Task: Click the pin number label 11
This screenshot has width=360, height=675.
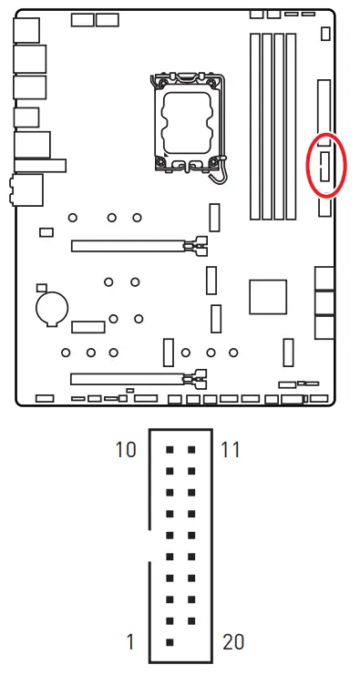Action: tap(231, 450)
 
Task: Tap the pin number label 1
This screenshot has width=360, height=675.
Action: tap(130, 642)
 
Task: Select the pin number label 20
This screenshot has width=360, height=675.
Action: tap(233, 642)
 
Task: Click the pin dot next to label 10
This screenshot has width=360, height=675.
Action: tap(170, 450)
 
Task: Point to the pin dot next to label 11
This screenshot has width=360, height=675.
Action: tap(191, 450)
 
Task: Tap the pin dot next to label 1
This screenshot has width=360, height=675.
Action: tap(170, 642)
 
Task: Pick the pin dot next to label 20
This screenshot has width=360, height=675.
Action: tap(191, 642)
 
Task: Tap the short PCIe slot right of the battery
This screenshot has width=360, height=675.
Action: tap(89, 326)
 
